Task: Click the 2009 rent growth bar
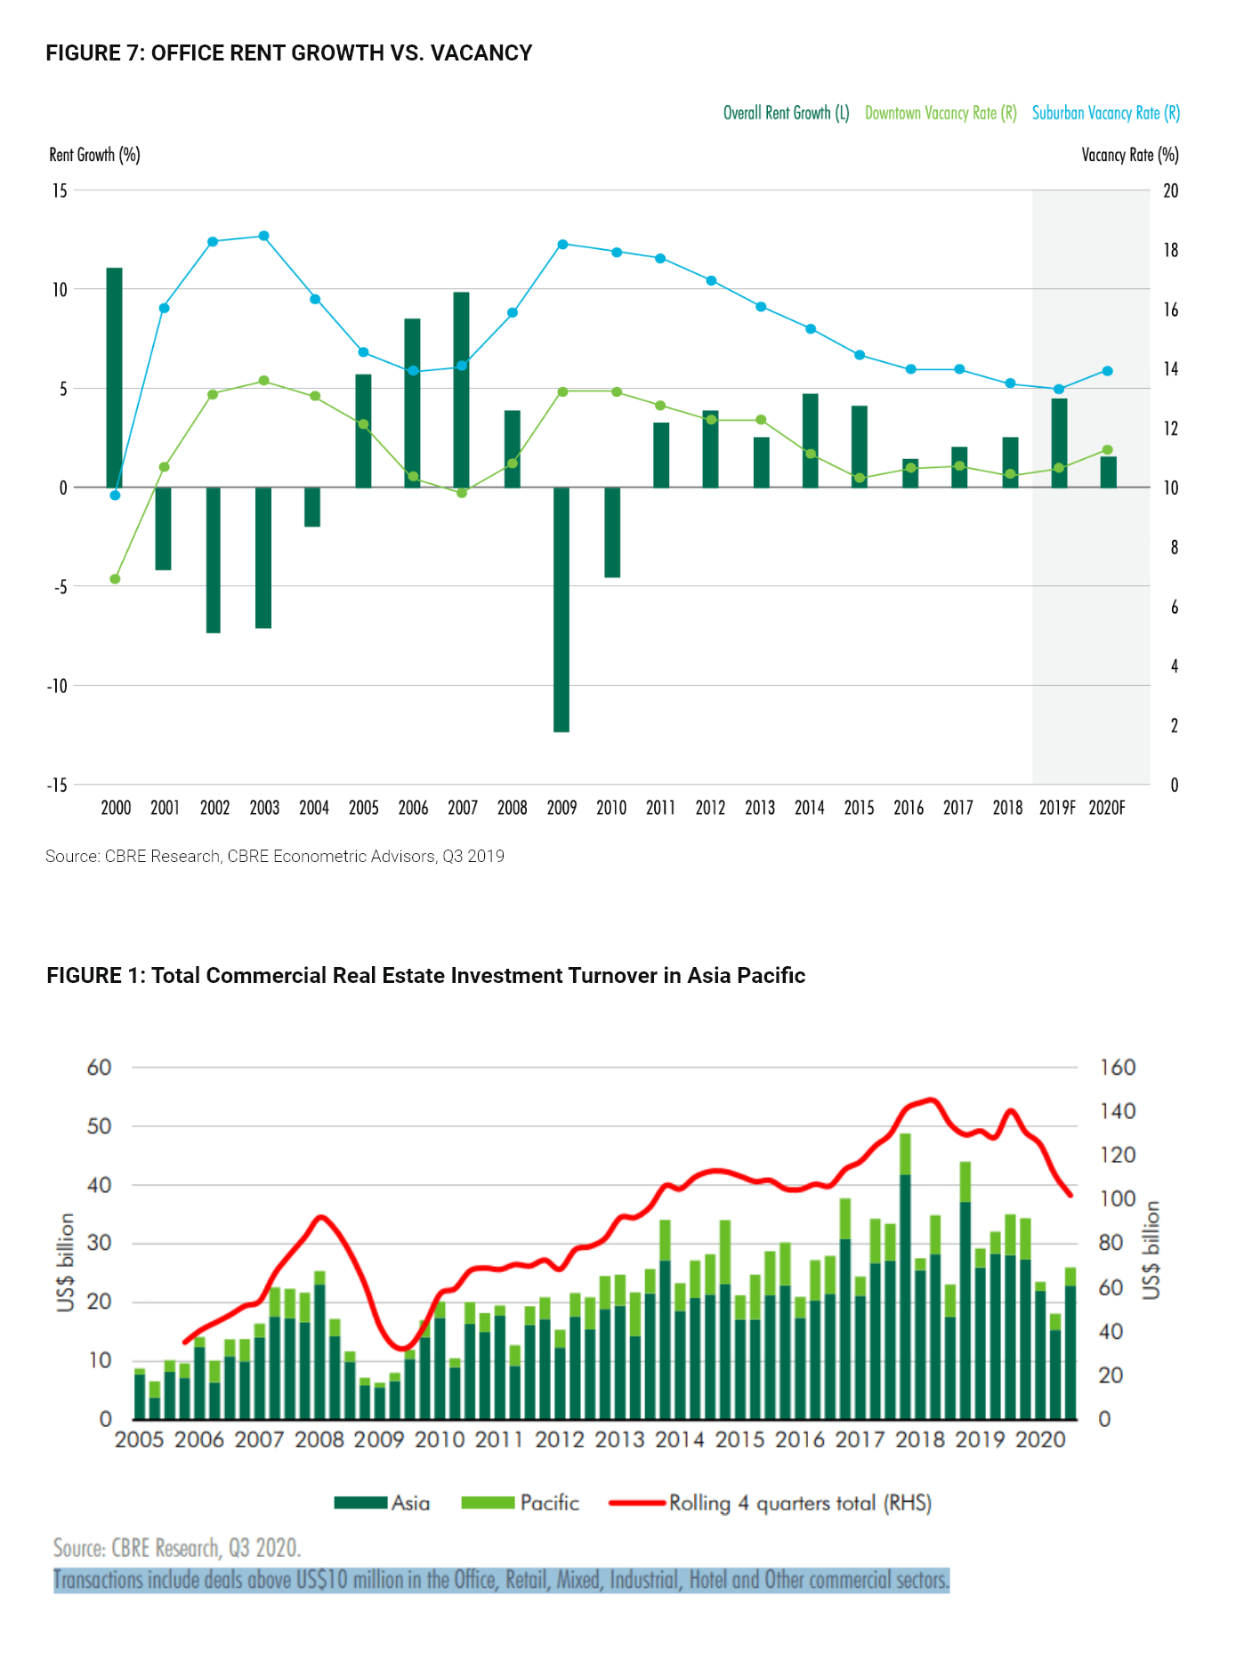[561, 609]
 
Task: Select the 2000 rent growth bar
[115, 377]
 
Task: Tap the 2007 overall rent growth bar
[461, 390]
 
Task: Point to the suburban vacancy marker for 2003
[264, 236]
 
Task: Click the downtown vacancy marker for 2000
[115, 579]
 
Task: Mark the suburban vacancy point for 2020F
[1108, 371]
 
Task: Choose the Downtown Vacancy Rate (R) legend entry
[941, 113]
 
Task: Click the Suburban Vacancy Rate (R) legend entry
[1106, 113]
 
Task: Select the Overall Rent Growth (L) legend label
[787, 113]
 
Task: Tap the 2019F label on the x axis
[1057, 808]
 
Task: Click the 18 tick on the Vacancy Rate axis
[1171, 250]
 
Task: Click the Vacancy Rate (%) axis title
[1130, 155]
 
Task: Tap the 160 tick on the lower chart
[1118, 1068]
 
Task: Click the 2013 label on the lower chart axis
[619, 1439]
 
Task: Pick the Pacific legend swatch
[488, 1503]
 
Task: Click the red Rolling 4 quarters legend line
[637, 1503]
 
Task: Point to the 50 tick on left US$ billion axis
[100, 1126]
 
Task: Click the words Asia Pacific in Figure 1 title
[747, 976]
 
